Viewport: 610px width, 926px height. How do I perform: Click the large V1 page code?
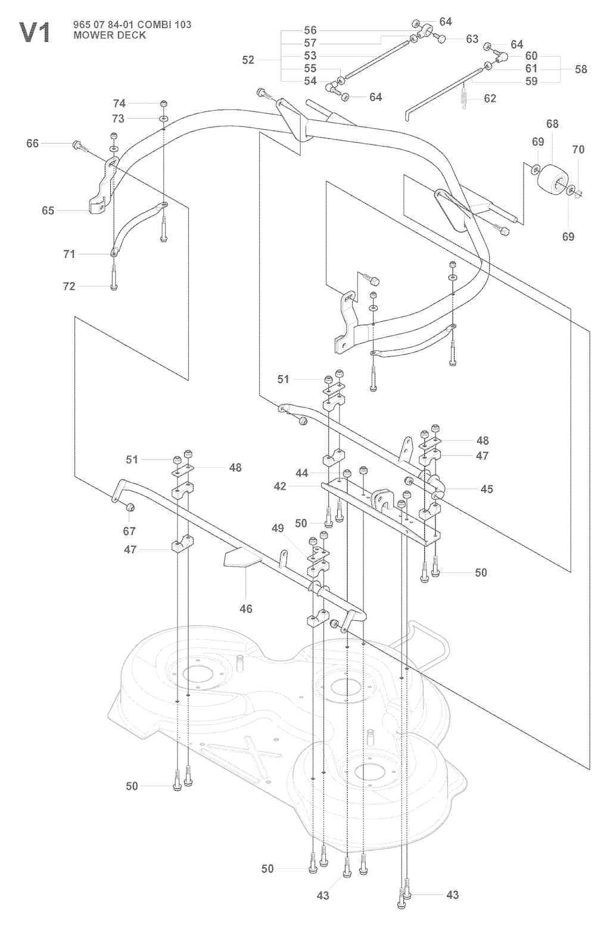point(36,32)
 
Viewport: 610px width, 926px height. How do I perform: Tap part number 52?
point(248,60)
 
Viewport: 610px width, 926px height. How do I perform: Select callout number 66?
point(32,144)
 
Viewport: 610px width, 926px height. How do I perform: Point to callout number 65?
point(48,210)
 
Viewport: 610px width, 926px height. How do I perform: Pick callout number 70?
point(578,150)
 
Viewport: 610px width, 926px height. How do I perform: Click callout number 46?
point(245,608)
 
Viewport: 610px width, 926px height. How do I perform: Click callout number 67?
point(129,531)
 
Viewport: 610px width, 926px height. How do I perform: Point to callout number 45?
point(487,489)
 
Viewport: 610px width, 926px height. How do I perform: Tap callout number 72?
point(69,287)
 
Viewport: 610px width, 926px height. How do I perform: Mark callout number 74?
point(119,103)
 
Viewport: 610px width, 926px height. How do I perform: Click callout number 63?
point(472,39)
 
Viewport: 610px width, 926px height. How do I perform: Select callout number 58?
point(580,69)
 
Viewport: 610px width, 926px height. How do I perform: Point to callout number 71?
point(69,254)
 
